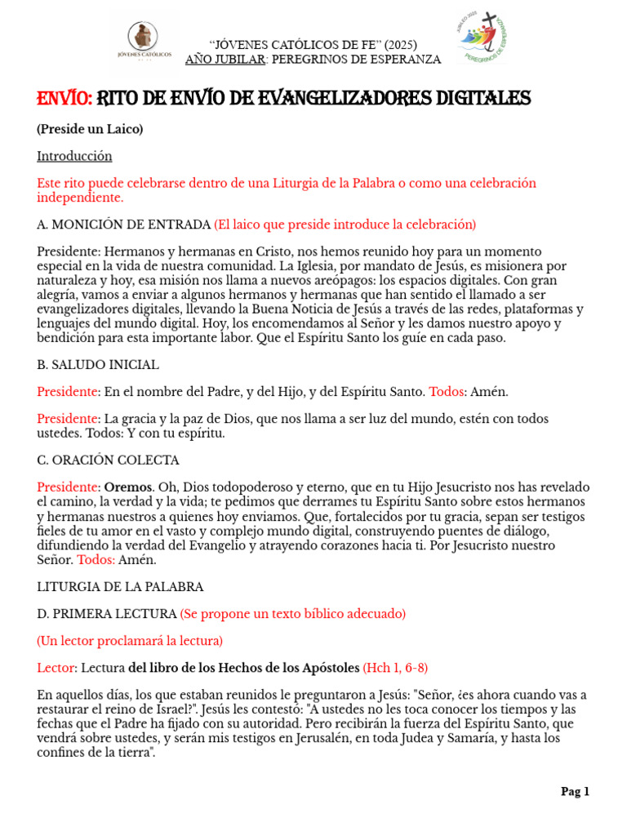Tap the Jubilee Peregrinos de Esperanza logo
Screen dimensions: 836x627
point(487,38)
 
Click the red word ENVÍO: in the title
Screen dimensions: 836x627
point(64,100)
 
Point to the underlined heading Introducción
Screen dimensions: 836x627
point(74,156)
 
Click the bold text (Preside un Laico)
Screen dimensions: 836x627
point(90,129)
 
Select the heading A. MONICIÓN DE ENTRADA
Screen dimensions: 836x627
point(123,225)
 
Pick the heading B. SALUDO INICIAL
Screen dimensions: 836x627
point(98,364)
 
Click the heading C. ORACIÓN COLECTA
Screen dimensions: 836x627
point(108,460)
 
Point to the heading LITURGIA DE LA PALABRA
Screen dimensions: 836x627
point(120,586)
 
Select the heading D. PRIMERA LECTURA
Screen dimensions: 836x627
point(106,613)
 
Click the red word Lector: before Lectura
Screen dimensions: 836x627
point(56,668)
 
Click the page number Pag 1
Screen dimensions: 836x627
point(575,791)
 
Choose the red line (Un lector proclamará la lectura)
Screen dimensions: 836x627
point(130,641)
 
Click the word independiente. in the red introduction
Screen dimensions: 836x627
point(80,198)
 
